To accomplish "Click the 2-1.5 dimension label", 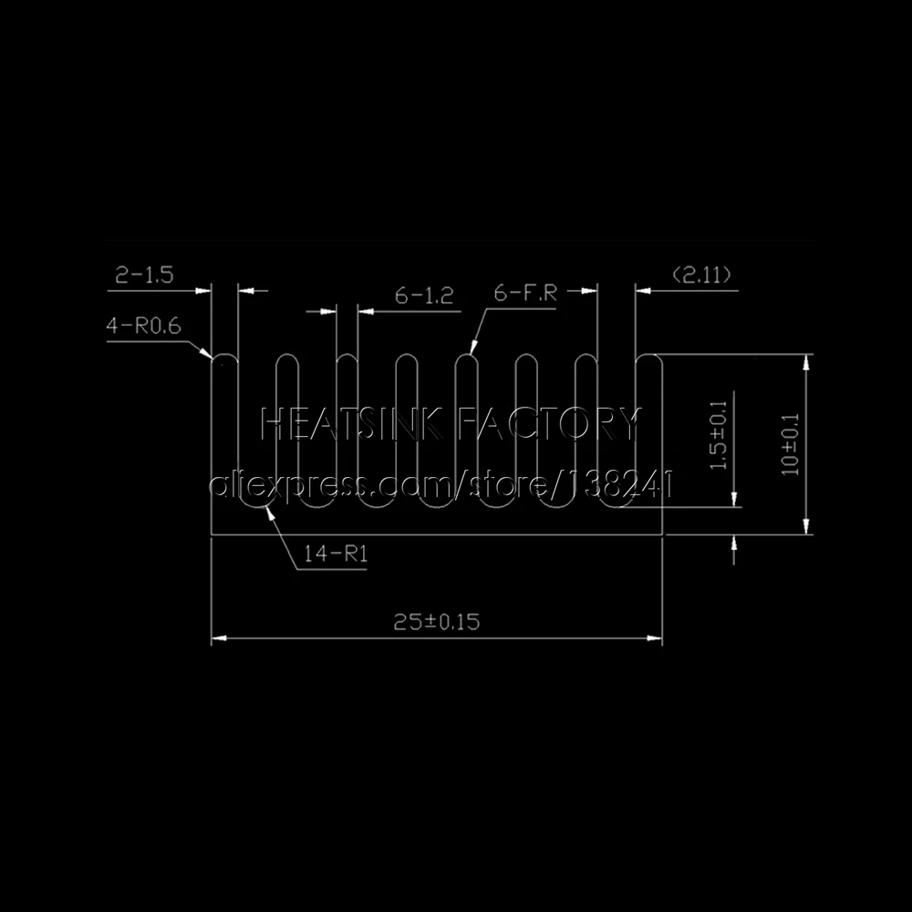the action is click(x=144, y=275).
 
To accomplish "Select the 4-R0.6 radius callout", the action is click(x=144, y=326).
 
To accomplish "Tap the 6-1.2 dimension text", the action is click(x=424, y=295).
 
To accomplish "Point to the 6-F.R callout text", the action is click(x=524, y=294).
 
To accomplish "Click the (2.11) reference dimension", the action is click(x=700, y=275).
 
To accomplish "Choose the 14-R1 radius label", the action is click(x=331, y=554).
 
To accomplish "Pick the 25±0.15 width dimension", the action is click(x=436, y=623).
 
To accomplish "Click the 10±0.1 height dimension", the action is click(x=790, y=443).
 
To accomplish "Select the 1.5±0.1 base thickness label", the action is click(x=718, y=436).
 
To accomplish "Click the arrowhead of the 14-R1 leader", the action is click(x=266, y=509).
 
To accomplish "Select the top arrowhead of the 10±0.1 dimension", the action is click(x=805, y=360).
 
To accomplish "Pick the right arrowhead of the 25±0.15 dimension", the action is click(x=656, y=638).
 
